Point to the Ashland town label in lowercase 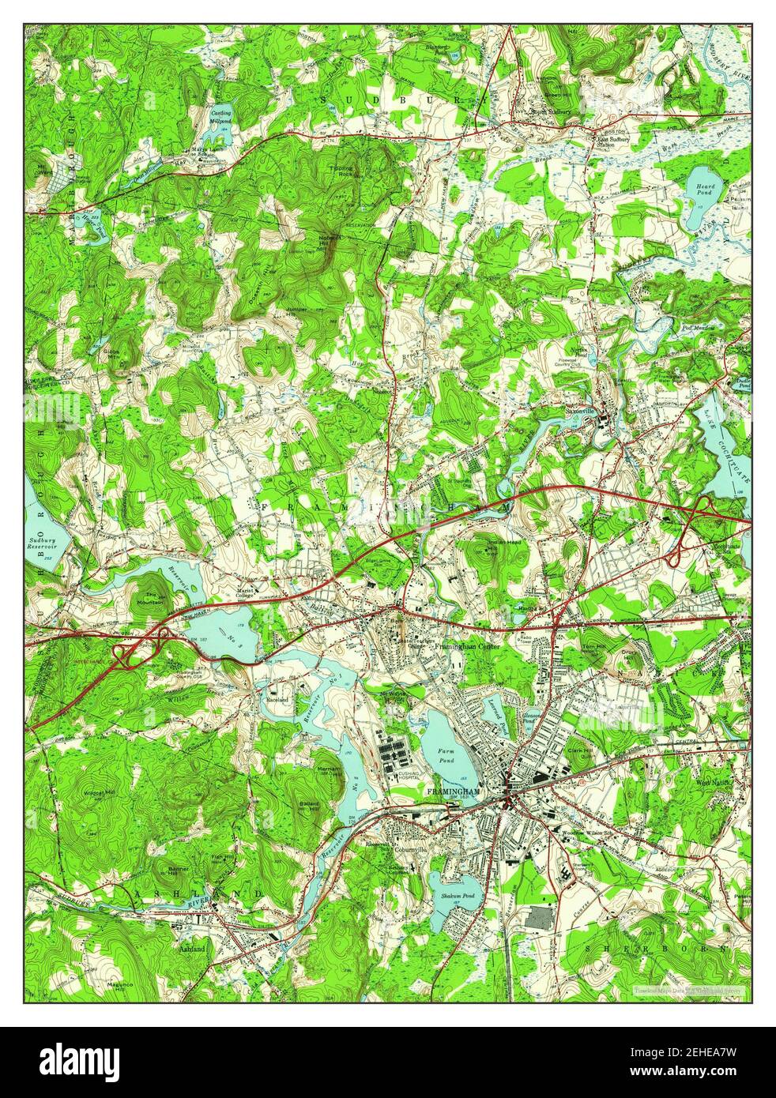(x=192, y=948)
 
